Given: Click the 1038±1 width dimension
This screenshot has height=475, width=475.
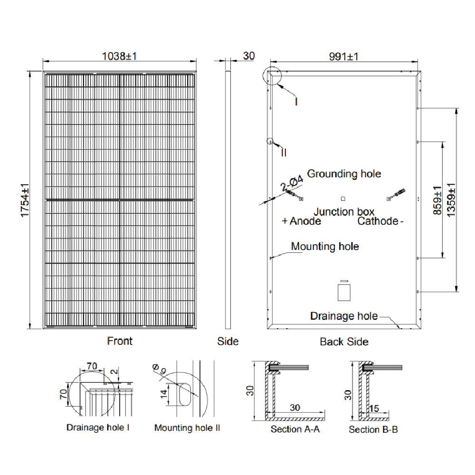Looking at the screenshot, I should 120,56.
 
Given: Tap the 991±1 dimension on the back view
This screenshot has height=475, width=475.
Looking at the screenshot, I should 344,57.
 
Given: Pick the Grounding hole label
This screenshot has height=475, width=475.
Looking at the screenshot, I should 344,174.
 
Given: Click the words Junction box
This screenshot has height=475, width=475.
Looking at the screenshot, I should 344,212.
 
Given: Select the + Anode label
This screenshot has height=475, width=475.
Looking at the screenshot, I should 301,221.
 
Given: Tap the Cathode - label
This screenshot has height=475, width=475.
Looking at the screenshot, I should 380,221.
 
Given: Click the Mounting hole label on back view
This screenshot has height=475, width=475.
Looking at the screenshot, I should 325,247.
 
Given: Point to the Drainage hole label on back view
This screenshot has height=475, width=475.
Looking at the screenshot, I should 344,316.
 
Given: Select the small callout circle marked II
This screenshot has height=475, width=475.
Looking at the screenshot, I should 271,142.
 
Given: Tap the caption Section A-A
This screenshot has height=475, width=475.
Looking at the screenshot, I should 295,429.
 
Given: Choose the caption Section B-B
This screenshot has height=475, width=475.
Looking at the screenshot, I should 373,429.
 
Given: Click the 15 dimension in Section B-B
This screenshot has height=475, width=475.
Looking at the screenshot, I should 373,408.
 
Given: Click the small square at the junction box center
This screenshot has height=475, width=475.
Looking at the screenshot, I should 343,199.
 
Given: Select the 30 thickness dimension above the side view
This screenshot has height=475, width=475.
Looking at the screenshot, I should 248,56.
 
